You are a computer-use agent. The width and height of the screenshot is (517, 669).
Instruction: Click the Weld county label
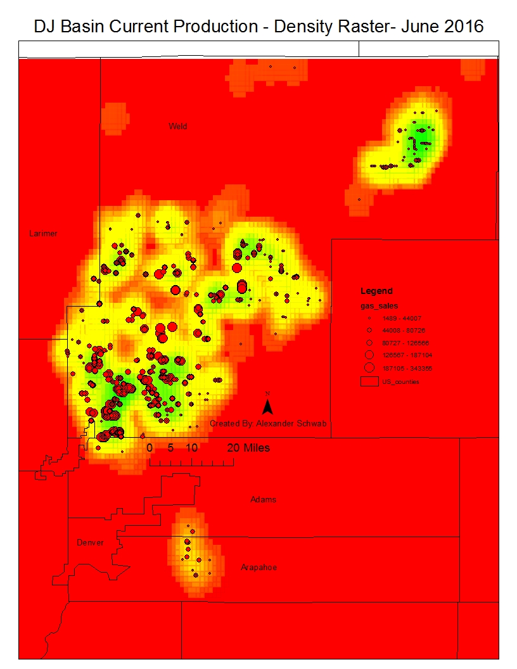pos(177,126)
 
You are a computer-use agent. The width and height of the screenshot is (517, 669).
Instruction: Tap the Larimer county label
pos(43,233)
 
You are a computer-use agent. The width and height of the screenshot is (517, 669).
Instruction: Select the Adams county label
pos(263,499)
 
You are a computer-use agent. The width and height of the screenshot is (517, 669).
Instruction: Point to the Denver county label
pos(90,542)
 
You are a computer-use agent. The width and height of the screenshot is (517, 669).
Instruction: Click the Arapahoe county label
pos(258,567)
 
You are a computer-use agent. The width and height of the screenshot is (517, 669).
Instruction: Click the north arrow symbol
pos(268,405)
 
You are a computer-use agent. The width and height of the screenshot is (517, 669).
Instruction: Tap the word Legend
pos(376,291)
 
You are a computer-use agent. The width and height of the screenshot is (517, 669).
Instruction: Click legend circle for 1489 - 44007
pos(367,318)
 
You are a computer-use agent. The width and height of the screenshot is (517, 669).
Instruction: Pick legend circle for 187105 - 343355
pos(367,367)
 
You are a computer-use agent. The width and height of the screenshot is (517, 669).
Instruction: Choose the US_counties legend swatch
pos(368,382)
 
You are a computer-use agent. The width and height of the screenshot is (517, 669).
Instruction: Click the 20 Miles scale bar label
pos(248,448)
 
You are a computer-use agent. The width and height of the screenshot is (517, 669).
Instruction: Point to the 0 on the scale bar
pos(150,448)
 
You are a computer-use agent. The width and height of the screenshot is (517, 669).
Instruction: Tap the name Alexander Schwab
pos(291,423)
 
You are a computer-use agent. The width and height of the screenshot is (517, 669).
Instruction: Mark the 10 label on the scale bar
pos(192,448)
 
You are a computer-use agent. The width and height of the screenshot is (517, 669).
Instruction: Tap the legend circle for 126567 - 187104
pos(367,355)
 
